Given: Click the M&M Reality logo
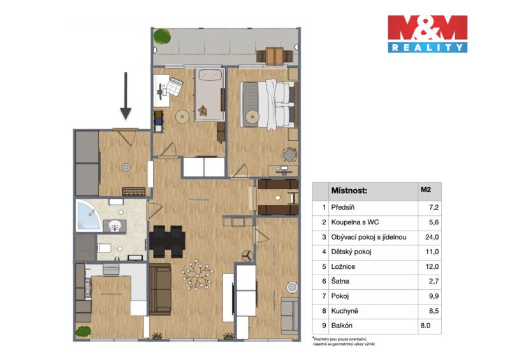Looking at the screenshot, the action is coord(427,34).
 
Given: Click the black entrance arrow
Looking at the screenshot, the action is coord(126,96).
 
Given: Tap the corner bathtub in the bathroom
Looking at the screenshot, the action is coord(88,215).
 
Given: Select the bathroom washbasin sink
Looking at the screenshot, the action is coord(115,225).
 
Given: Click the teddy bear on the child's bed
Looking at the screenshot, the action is coord(203,111).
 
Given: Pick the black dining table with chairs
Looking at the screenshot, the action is coord(167,241).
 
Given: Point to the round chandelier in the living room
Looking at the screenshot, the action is coord(197,275).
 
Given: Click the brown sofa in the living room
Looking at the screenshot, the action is coord(161,289).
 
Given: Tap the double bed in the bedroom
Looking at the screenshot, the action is coord(269,104).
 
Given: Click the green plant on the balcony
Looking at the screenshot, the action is coord(162,36).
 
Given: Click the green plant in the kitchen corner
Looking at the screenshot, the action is coord(83,331).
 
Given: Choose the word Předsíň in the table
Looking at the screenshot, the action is coord(343,208).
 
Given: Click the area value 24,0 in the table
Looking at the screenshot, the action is coord(432,237).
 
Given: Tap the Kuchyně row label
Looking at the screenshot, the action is coord(344,311).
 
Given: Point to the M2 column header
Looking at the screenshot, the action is coord(425,189).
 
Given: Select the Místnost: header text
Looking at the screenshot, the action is coord(349,191).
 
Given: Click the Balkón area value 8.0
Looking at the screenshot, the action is coord(425,326).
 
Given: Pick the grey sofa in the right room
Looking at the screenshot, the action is coord(289,315).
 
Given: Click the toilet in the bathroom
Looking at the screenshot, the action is coord(104,248).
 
